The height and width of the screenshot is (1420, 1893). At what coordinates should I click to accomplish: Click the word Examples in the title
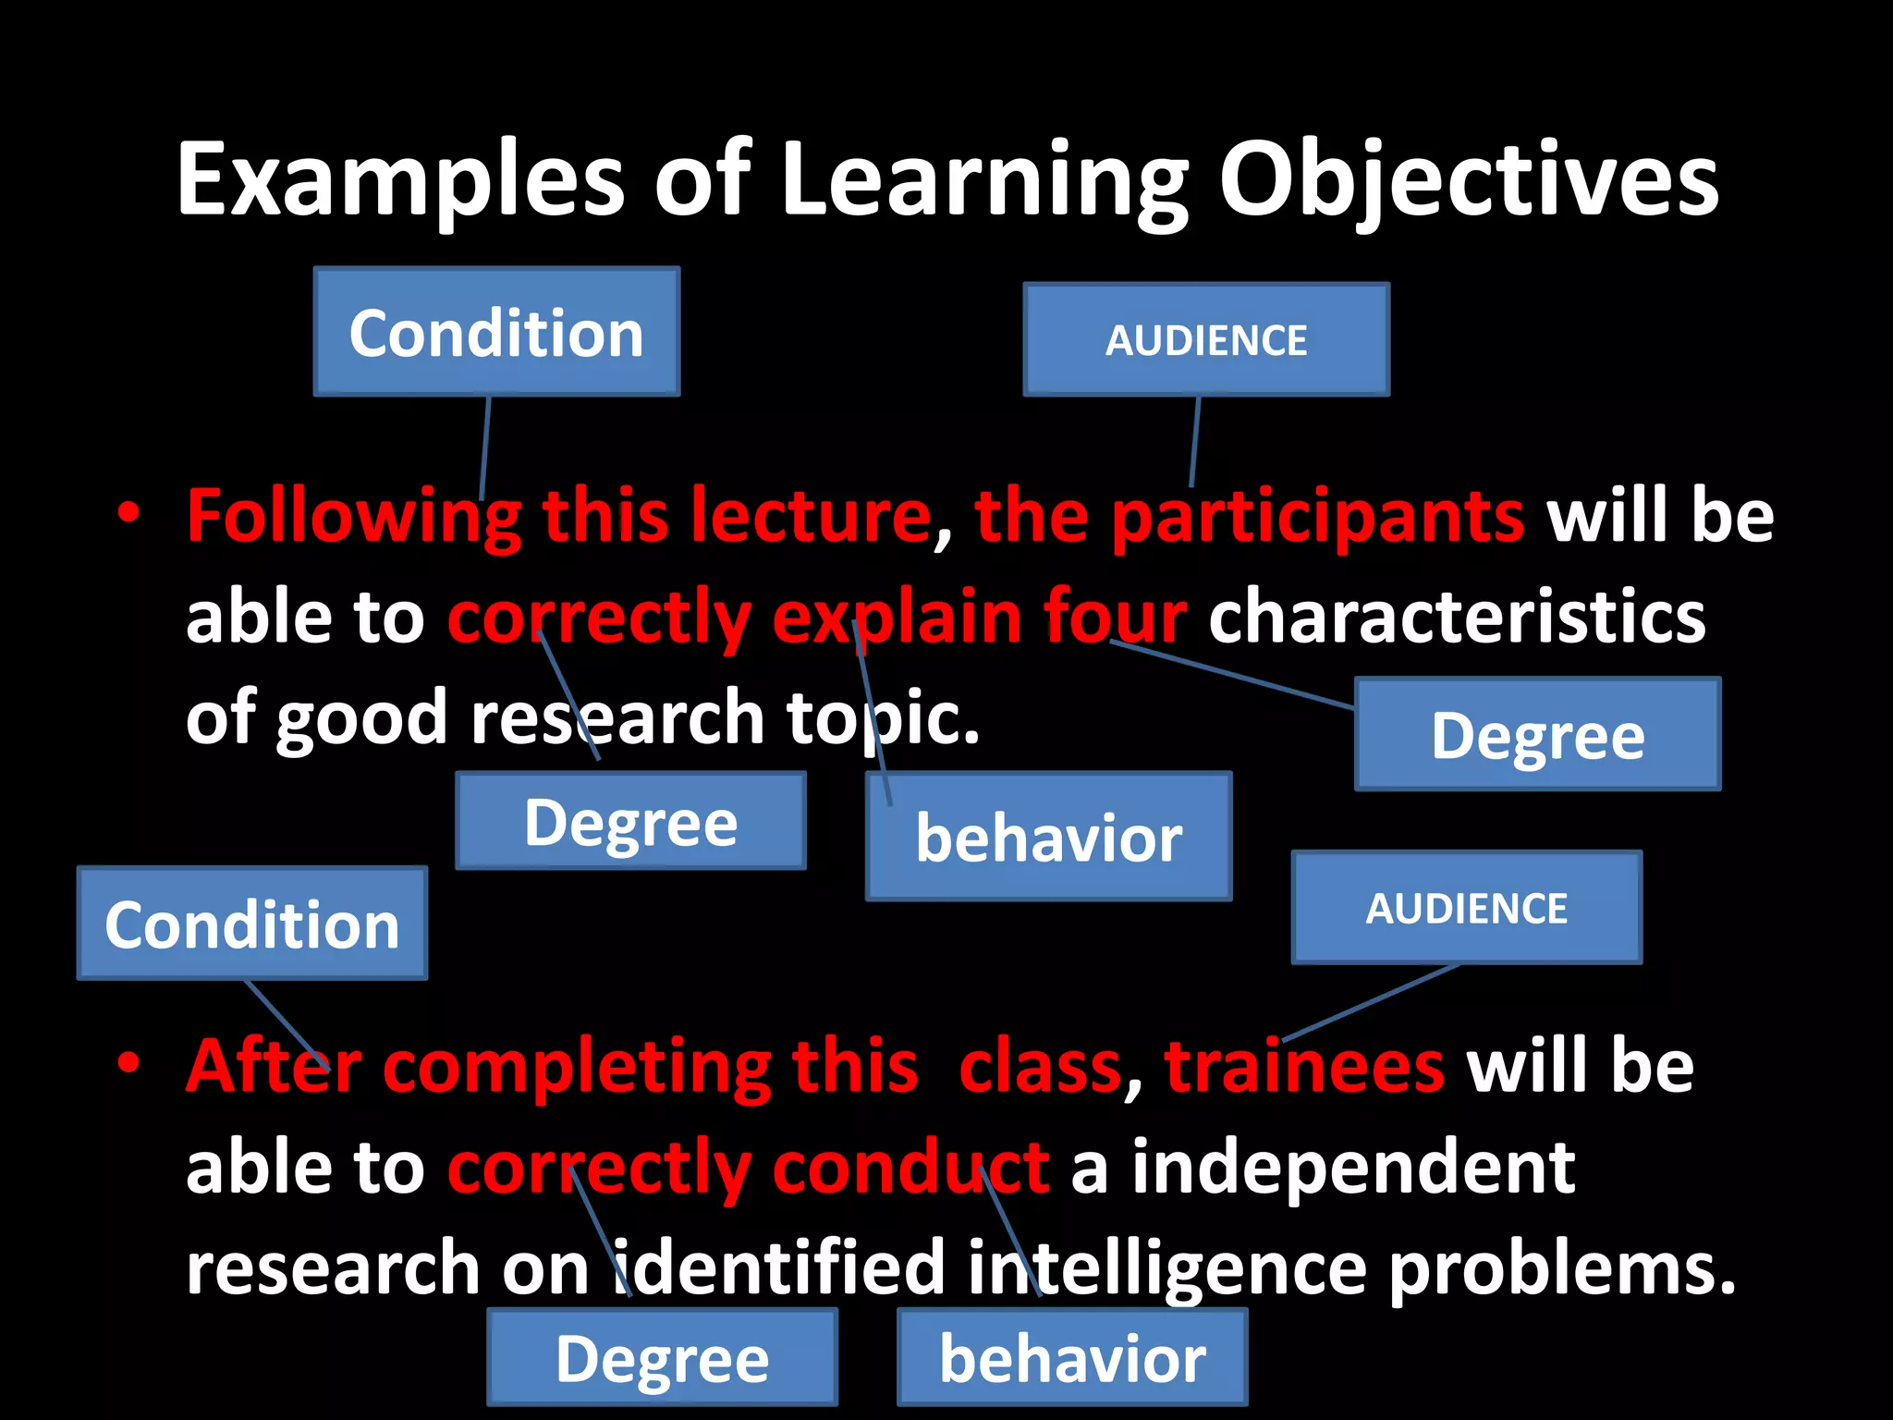[401, 180]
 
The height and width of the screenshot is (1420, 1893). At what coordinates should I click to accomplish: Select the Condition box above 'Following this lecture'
[496, 332]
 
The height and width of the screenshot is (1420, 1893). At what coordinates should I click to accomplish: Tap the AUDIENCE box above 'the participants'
[1205, 340]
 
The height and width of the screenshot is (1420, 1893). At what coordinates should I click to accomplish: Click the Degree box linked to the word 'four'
[1537, 735]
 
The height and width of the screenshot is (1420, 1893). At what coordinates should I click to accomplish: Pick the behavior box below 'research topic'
[1048, 837]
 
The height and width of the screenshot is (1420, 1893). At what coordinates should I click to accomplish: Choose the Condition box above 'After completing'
[251, 924]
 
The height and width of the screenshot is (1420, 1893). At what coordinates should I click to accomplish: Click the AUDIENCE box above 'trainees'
[1466, 908]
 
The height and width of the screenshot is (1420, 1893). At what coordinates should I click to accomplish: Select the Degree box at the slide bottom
[662, 1358]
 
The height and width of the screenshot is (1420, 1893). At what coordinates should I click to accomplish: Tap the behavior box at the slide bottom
[1072, 1358]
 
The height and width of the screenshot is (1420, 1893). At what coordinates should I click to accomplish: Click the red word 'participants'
[1316, 516]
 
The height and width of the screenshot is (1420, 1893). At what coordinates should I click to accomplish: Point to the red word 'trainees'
[1303, 1066]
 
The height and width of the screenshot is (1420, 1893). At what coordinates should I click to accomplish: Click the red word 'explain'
[897, 618]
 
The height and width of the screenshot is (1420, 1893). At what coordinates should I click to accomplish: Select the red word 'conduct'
[910, 1167]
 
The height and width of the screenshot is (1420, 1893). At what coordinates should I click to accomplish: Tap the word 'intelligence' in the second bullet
[1166, 1267]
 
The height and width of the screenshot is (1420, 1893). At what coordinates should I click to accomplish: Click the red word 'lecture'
[810, 516]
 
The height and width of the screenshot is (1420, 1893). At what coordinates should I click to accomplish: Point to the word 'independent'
[1353, 1167]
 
